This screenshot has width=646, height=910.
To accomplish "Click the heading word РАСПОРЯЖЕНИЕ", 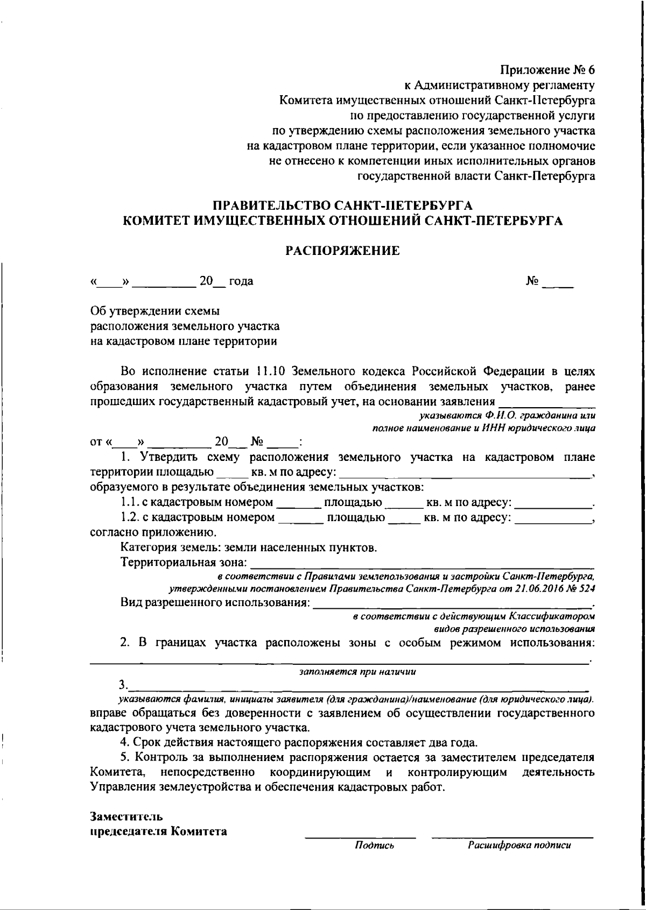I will click(342, 250).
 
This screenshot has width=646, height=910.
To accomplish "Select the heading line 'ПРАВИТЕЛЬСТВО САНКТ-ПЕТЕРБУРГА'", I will click(342, 205).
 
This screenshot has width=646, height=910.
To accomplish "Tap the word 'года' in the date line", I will click(241, 281).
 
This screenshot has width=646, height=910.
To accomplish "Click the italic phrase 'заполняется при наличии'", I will click(357, 672).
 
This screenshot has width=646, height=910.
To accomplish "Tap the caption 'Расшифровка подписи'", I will click(519, 845).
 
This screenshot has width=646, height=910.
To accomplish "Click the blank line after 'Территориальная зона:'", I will click(422, 564).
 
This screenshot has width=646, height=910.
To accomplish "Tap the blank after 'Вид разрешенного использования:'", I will click(452, 603).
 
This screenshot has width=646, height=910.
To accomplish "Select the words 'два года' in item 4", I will click(454, 743).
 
